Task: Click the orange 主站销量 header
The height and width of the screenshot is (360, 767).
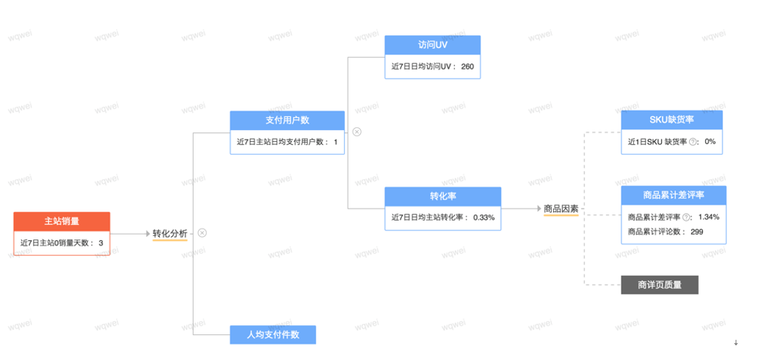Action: (x=61, y=221)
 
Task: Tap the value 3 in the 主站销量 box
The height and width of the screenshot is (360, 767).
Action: (x=101, y=243)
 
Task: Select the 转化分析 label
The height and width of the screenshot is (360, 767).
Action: (x=170, y=234)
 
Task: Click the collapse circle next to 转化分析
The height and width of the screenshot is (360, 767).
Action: (x=202, y=233)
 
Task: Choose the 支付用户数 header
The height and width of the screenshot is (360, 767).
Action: (x=287, y=120)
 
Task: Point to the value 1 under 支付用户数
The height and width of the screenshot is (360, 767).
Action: (x=335, y=142)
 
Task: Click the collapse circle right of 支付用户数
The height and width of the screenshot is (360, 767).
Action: (x=357, y=132)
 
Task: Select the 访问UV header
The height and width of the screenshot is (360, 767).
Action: (x=433, y=45)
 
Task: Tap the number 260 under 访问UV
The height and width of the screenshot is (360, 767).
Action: (x=467, y=67)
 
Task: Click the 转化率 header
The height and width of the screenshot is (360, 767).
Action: (x=442, y=196)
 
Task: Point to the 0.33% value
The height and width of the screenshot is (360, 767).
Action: (x=483, y=217)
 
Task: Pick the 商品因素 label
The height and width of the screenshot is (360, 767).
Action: (x=561, y=208)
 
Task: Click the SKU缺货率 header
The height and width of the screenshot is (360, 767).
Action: (x=672, y=119)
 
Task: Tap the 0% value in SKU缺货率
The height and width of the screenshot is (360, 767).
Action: (x=710, y=141)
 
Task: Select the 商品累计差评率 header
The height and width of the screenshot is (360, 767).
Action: (x=673, y=195)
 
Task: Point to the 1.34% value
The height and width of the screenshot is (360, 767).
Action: (x=708, y=217)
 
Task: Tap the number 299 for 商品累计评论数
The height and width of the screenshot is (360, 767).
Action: (x=697, y=231)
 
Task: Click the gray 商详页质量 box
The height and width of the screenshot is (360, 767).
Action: (x=659, y=284)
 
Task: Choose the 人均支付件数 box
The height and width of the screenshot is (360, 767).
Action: (x=272, y=334)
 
